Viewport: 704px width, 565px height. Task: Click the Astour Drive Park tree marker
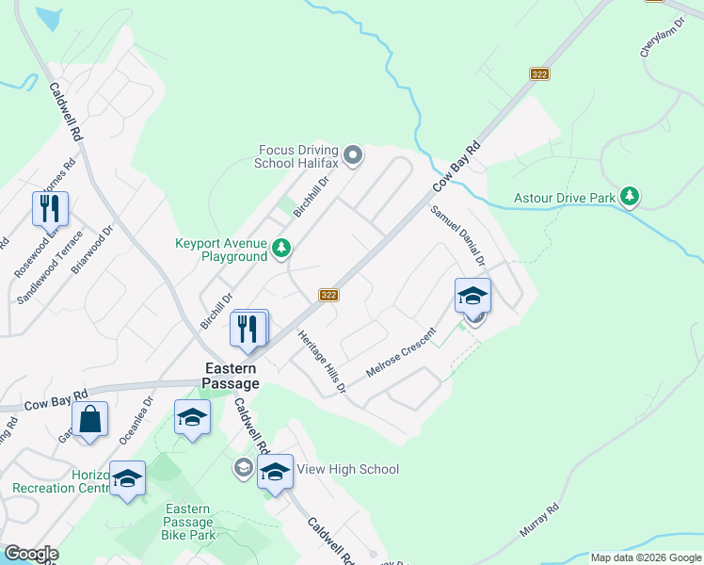pyautogui.click(x=630, y=197)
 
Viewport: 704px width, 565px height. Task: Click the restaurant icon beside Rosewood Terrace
pyautogui.click(x=50, y=208)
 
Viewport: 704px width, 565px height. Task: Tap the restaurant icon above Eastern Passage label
pyautogui.click(x=249, y=329)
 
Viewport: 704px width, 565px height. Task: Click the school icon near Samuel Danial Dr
pyautogui.click(x=472, y=296)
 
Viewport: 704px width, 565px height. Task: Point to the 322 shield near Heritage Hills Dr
pyautogui.click(x=328, y=295)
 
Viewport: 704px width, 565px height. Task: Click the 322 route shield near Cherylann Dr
pyautogui.click(x=539, y=73)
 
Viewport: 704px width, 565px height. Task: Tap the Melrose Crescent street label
pyautogui.click(x=402, y=353)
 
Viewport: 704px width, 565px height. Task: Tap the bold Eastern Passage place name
pyautogui.click(x=232, y=377)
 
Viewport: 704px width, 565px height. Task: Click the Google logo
pyautogui.click(x=31, y=554)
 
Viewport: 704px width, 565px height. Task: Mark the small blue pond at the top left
pyautogui.click(x=47, y=19)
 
